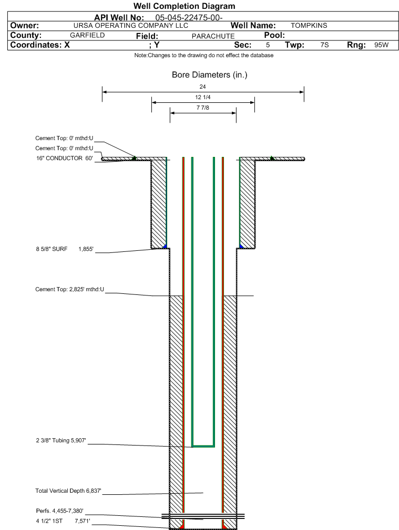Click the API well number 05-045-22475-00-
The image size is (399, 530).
pyautogui.click(x=189, y=17)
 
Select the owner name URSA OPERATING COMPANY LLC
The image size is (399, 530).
pyautogui.click(x=131, y=26)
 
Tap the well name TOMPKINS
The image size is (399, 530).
pyautogui.click(x=309, y=26)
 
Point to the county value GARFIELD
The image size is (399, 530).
pyautogui.click(x=87, y=35)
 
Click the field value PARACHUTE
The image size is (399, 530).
pyautogui.click(x=213, y=36)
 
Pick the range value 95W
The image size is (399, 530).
pyautogui.click(x=381, y=45)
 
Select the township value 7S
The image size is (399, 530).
pyautogui.click(x=324, y=45)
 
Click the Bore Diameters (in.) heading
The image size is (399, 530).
pyautogui.click(x=210, y=75)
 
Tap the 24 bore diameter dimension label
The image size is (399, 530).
pyautogui.click(x=202, y=87)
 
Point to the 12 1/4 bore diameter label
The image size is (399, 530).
pyautogui.click(x=203, y=98)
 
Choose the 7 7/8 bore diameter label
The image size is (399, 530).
pyautogui.click(x=203, y=108)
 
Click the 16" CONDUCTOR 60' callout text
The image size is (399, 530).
pyautogui.click(x=64, y=158)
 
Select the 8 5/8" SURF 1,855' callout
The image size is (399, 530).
pyautogui.click(x=65, y=249)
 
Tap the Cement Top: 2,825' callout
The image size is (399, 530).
pyautogui.click(x=70, y=289)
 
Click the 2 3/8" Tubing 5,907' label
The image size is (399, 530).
pyautogui.click(x=61, y=440)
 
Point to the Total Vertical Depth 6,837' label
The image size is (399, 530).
pyautogui.click(x=68, y=491)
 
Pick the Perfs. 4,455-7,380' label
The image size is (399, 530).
pyautogui.click(x=59, y=511)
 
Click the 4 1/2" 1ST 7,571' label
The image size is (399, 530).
pyautogui.click(x=63, y=521)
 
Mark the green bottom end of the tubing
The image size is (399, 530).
pyautogui.click(x=203, y=446)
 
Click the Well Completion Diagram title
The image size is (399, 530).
pyautogui.click(x=185, y=6)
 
